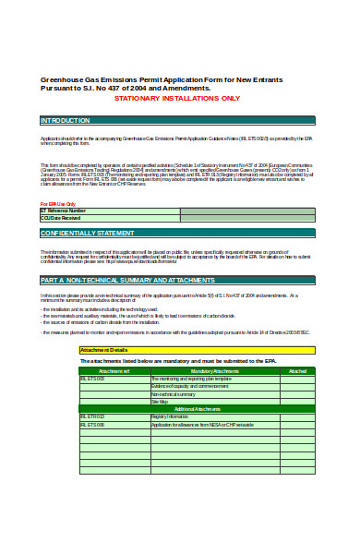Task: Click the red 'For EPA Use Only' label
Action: point(57,203)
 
